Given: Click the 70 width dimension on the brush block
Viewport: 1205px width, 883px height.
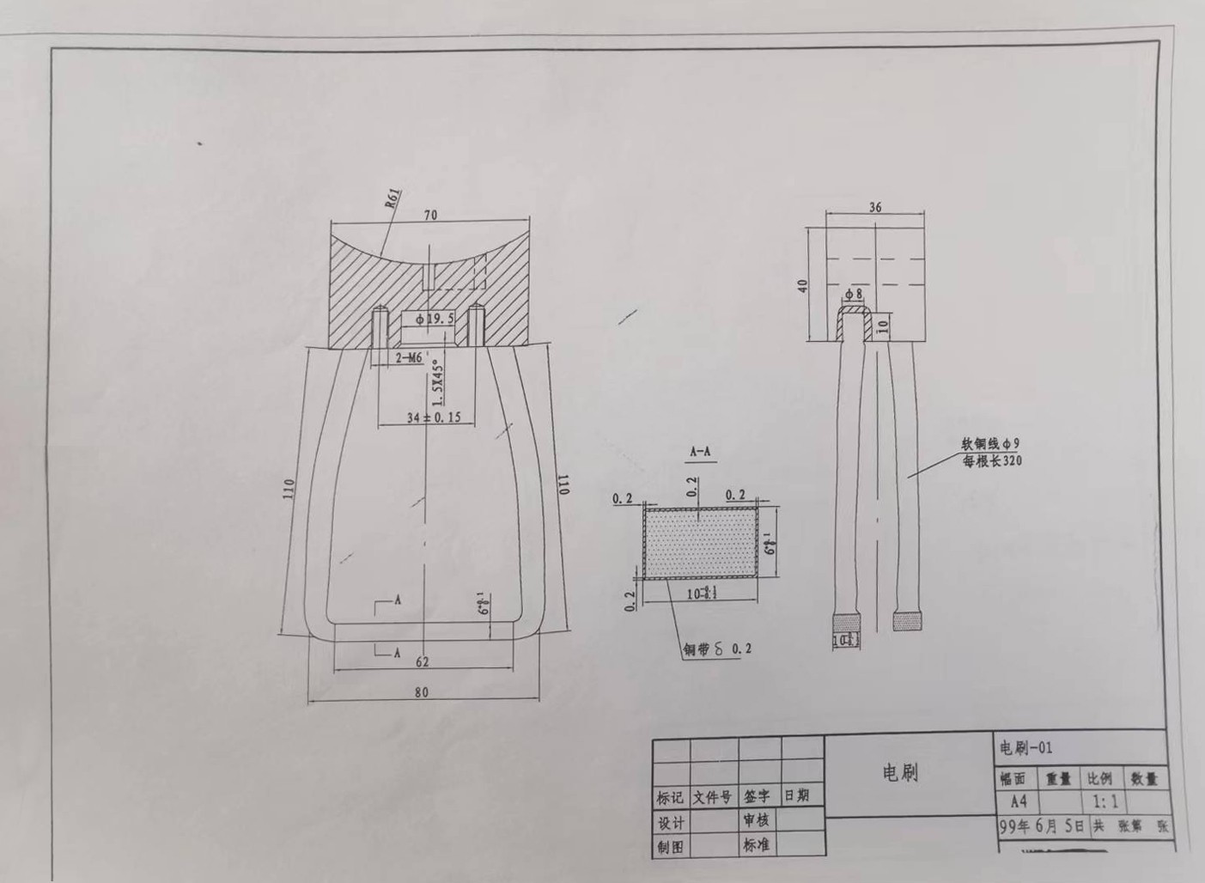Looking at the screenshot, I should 429,215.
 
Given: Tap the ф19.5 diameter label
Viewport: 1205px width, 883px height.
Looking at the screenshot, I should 435,320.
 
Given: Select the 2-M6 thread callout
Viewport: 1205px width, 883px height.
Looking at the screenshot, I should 409,358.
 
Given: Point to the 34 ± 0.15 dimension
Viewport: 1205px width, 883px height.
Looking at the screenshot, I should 434,417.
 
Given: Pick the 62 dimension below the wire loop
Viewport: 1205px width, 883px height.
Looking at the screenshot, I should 422,662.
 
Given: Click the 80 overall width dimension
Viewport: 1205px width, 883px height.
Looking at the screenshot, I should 421,692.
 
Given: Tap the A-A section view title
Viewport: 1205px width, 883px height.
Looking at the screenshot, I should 700,450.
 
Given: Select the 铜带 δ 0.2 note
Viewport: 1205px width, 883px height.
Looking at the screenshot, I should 716,649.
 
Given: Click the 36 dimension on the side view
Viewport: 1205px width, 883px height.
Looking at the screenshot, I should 875,207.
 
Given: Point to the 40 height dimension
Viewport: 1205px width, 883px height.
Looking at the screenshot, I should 802,285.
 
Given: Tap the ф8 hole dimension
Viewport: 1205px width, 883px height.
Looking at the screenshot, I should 853,295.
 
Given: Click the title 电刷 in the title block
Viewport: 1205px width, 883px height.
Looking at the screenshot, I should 901,773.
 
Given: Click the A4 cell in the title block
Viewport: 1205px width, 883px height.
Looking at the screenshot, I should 1019,801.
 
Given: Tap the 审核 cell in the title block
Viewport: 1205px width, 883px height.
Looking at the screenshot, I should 756,820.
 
